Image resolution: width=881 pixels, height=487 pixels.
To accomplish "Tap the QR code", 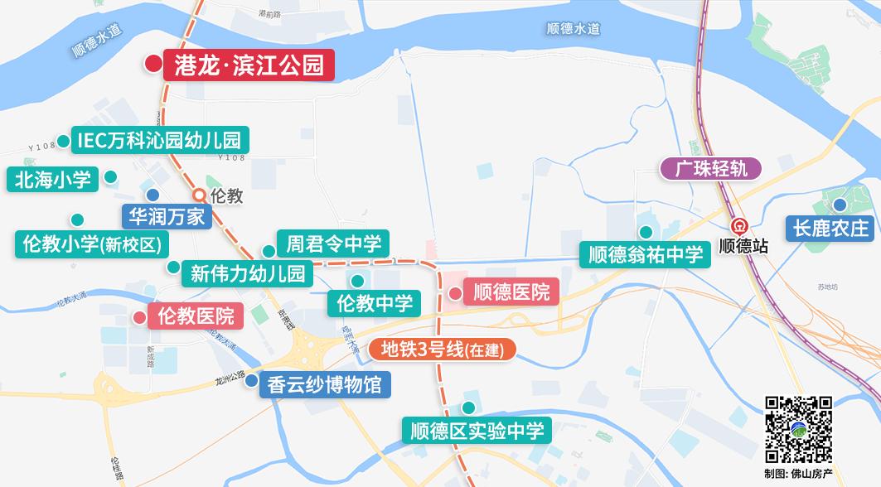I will pos(798,429).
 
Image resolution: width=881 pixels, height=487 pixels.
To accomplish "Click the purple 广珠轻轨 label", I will pos(710,169).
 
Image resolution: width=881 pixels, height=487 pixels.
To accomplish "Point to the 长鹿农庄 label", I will pos(830,227).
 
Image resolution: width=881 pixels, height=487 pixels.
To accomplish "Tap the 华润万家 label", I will pos(167,217).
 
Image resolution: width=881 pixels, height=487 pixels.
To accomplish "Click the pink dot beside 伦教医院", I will pos(139,317).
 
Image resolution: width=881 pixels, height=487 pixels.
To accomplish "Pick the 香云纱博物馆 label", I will pos(318,383).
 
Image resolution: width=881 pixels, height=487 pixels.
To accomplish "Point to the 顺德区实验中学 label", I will pos(477,431).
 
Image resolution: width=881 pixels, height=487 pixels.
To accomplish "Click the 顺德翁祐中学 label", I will pos(645,254).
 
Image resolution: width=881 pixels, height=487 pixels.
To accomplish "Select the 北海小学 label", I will pos(51,179).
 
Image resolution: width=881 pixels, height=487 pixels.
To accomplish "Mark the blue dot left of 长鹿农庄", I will pos(840,205).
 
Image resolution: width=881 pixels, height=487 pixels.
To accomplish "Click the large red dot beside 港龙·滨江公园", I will pos(153,64).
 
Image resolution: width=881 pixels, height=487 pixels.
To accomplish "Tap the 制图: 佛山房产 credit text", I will pos(799,474).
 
